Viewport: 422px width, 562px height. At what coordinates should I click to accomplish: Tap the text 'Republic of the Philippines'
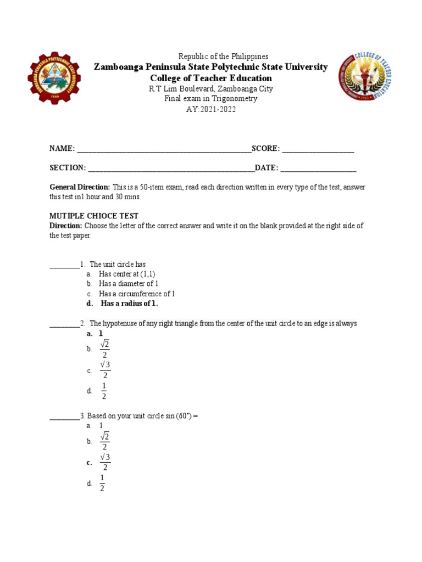(223, 57)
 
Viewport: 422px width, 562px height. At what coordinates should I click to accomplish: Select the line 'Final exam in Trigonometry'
(211, 99)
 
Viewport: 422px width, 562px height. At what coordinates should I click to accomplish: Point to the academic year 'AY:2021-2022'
(211, 109)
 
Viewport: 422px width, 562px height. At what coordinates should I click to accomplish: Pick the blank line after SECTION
(170, 168)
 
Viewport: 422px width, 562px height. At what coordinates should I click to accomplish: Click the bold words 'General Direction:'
(80, 187)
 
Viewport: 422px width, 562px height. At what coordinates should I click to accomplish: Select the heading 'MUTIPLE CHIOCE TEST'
(94, 216)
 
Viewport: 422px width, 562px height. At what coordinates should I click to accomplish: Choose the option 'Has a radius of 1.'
(129, 304)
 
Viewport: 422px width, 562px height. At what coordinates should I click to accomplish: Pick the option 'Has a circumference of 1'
(137, 294)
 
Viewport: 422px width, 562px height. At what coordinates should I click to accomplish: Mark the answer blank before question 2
(64, 324)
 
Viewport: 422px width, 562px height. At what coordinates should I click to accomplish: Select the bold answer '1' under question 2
(101, 334)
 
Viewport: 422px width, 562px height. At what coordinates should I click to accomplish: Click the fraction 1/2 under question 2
(103, 391)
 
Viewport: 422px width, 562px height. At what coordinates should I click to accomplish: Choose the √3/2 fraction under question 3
(105, 462)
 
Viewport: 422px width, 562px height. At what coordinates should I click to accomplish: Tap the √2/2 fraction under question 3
(104, 441)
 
